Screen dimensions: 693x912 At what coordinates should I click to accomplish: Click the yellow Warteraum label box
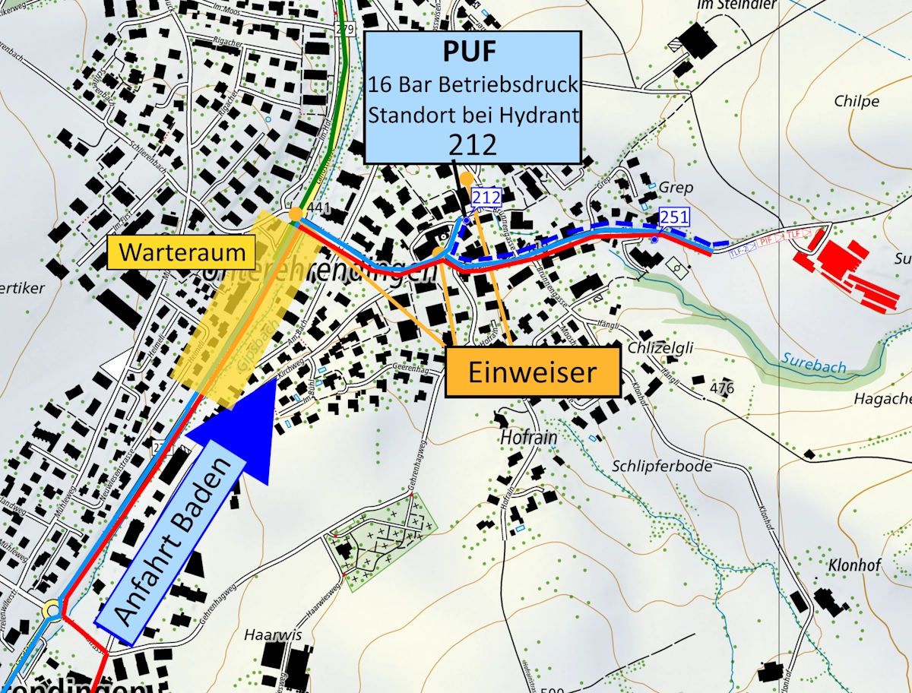[181, 252]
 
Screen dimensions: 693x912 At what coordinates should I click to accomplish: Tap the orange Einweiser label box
[532, 372]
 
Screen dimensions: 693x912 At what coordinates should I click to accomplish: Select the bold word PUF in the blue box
[471, 52]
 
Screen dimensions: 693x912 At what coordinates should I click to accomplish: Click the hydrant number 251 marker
[673, 217]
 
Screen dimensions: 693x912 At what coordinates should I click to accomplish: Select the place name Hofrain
[529, 438]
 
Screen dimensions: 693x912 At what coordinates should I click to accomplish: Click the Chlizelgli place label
[661, 348]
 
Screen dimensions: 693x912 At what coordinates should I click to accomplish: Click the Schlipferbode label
[662, 465]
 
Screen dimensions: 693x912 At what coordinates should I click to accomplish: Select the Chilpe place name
[857, 102]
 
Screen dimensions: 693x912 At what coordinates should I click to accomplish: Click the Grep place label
[677, 187]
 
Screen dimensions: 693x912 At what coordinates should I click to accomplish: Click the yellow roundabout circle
[52, 609]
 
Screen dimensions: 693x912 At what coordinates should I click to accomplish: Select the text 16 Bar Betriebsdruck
[471, 84]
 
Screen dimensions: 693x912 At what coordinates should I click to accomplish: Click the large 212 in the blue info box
[471, 143]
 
